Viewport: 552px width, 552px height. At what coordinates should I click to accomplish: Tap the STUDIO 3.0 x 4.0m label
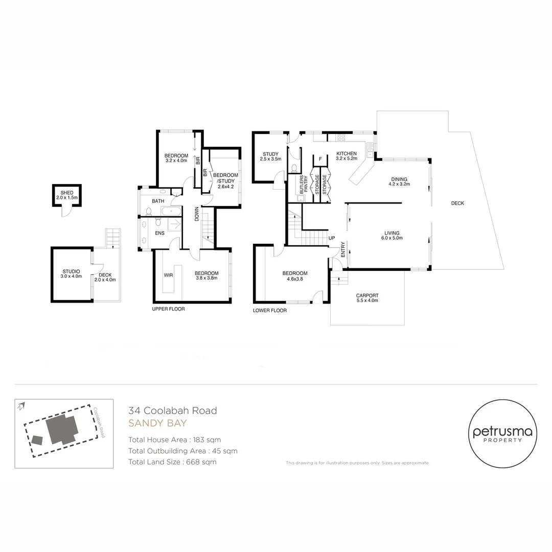[71, 274]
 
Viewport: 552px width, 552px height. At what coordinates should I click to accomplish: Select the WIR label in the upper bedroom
[168, 275]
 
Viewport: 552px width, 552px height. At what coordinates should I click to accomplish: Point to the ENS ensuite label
[159, 233]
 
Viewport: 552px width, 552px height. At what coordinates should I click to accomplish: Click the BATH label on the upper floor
[158, 201]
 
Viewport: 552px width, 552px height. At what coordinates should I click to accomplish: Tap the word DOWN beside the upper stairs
[197, 214]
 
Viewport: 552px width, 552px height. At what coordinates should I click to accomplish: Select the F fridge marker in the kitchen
[320, 159]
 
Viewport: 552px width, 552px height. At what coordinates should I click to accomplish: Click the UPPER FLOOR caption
[168, 309]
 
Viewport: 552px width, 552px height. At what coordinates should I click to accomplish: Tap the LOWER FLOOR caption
[270, 310]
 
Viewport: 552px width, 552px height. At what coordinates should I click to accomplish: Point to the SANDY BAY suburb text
[157, 423]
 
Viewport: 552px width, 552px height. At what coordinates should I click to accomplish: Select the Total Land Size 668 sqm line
[172, 462]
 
